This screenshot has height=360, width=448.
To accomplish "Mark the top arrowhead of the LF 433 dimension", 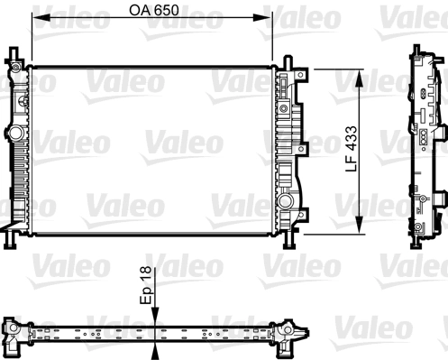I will click(361, 73).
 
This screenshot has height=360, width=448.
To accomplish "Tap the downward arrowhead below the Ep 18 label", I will click(156, 315).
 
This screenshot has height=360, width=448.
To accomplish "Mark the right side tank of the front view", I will click(287, 149).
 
